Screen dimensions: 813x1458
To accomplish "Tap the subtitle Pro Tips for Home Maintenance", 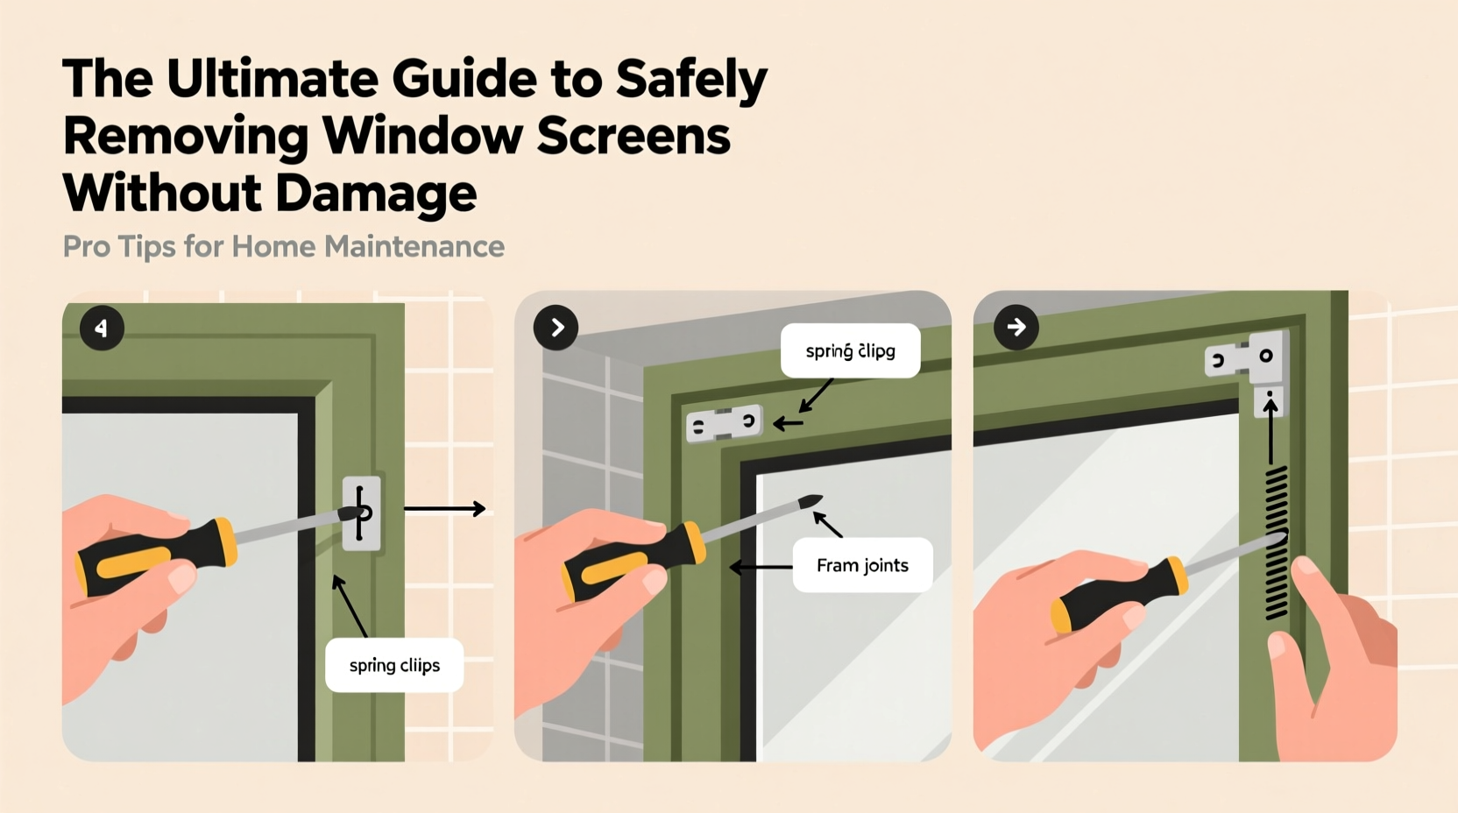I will (283, 247).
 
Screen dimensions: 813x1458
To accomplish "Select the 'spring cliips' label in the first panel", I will (394, 666).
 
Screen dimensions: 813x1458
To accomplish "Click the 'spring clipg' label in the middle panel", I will (850, 351).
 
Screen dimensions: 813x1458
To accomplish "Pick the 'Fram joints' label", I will (862, 566).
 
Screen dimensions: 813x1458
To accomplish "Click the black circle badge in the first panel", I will (102, 329).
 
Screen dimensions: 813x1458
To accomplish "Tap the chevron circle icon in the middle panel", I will (556, 328).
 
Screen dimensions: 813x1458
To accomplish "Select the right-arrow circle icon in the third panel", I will (1016, 328).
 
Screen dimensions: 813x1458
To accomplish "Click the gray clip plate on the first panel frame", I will (362, 513).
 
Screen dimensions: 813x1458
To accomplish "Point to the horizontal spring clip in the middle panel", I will (724, 424).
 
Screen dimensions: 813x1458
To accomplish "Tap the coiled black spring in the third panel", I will (1277, 543).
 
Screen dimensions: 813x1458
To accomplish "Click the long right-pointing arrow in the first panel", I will (444, 509).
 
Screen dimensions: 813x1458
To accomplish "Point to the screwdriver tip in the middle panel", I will (810, 502).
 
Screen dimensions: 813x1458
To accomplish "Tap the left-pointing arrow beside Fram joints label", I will (760, 568).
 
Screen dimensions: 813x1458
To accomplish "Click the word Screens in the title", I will (633, 137).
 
